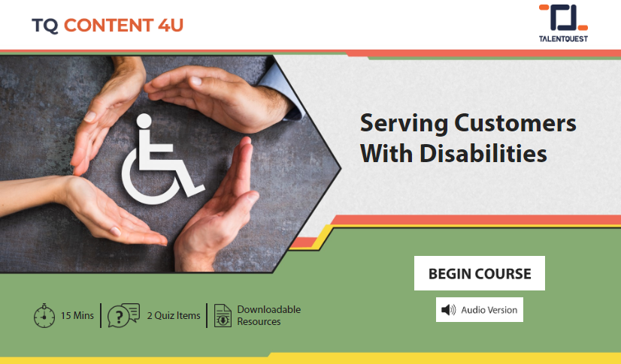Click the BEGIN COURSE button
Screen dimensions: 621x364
tap(479, 273)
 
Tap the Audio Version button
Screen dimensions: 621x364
tap(479, 309)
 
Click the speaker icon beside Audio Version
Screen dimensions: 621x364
tap(449, 310)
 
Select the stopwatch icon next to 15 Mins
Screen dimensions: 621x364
tap(44, 315)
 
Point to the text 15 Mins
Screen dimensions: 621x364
tap(77, 315)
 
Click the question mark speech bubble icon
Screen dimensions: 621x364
tap(123, 315)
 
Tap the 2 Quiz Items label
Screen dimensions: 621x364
tap(174, 315)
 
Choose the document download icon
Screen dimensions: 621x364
tap(223, 315)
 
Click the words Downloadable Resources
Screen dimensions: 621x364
tap(269, 315)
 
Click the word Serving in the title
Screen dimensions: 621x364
tap(404, 124)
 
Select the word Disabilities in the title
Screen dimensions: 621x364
tap(483, 153)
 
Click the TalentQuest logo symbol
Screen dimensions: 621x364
tap(563, 18)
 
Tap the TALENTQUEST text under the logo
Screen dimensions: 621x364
tap(563, 39)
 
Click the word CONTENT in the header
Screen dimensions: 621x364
tap(108, 26)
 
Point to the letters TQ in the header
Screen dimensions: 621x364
tap(45, 26)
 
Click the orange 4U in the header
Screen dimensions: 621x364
tap(171, 26)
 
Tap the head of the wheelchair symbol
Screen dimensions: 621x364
tap(144, 122)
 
